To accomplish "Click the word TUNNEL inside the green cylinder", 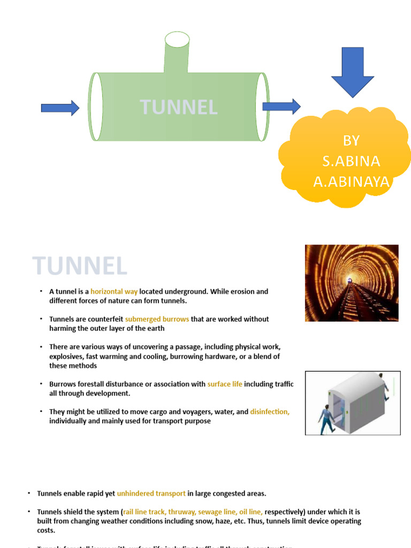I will pos(179,107).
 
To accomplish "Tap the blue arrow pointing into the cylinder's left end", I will pos(60,108).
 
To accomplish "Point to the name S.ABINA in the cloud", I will pos(351,161).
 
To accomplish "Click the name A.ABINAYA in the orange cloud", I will pos(351,182).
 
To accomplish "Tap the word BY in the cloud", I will pos(351,141).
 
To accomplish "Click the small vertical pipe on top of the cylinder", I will pos(177,54).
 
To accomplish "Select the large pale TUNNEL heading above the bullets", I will pos(80,266).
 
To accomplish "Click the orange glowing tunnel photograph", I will pos(352,283).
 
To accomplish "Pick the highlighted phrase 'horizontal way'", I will pos(114,292).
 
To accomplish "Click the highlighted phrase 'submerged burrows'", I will pos(157,319).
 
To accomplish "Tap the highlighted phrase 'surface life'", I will pos(225,384).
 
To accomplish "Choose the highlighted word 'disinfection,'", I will pos(270,412).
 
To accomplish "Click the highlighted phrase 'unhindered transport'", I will pos(151,493).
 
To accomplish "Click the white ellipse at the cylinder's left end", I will pos(96,106).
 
